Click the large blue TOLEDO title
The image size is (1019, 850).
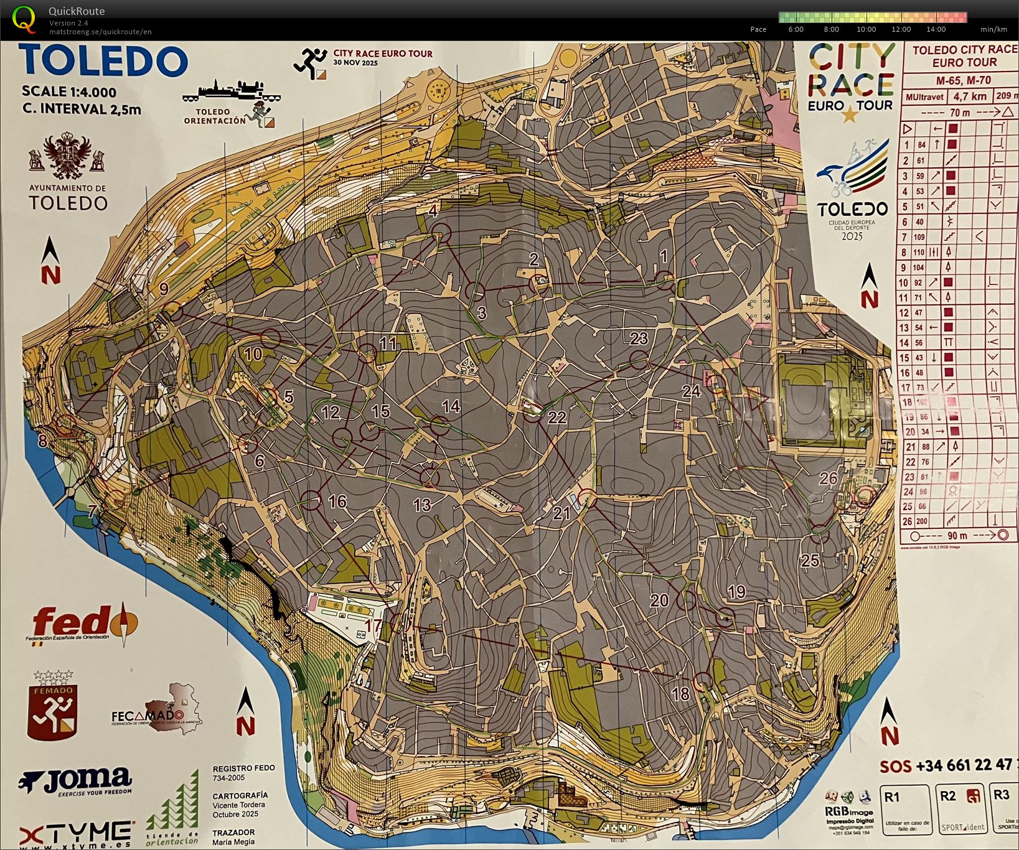[x=104, y=61]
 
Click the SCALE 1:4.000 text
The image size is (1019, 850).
[x=68, y=92]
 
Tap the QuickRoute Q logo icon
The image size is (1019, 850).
[x=24, y=19]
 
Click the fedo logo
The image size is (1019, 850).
[x=85, y=622]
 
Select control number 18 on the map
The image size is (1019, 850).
[x=681, y=693]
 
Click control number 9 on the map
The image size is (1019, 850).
[x=164, y=289]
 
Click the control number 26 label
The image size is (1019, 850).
[x=828, y=479]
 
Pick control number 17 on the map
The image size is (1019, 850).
[x=373, y=625]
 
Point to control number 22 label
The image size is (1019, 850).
[x=556, y=418]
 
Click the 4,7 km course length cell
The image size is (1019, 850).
[x=970, y=96]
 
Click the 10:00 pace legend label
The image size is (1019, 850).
[x=866, y=29]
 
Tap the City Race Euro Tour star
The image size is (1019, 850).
[x=848, y=114]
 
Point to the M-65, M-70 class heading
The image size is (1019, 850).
[x=963, y=80]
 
